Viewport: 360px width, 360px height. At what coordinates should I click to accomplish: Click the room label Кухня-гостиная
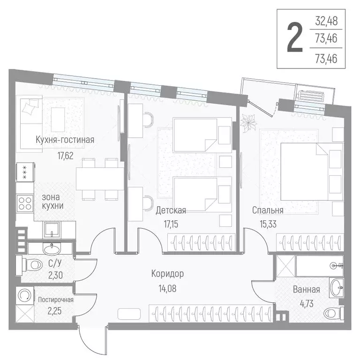click(x=65, y=139)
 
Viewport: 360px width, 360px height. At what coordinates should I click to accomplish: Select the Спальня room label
click(x=267, y=210)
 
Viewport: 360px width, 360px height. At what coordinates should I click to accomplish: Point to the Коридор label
click(x=167, y=274)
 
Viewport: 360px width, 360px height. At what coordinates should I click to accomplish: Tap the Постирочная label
click(x=56, y=299)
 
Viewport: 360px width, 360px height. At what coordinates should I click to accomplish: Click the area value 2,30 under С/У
click(x=56, y=276)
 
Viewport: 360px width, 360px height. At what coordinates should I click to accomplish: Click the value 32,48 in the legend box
click(x=326, y=22)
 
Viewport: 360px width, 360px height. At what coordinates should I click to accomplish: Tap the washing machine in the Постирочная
click(x=25, y=296)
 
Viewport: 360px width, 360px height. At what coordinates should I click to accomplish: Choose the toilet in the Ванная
click(x=335, y=311)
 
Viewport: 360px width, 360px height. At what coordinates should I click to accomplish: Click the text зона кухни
click(x=52, y=202)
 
